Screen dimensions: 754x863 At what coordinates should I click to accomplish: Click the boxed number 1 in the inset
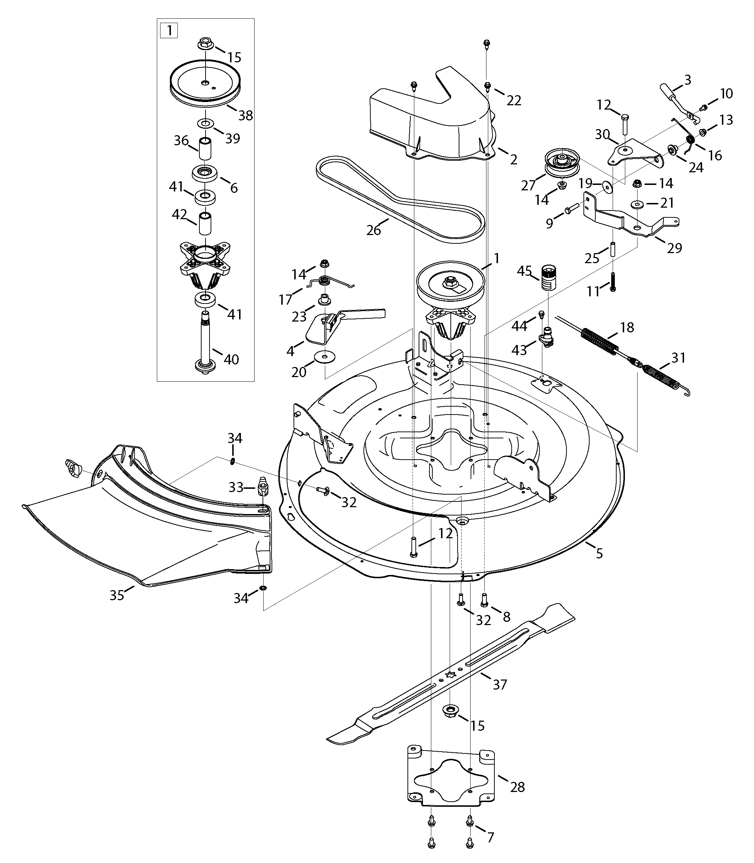pos(169,31)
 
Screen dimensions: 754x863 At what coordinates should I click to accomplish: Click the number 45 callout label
pos(524,271)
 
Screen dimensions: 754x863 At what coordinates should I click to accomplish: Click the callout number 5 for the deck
pos(599,553)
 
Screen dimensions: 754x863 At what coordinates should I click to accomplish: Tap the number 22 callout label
pos(514,100)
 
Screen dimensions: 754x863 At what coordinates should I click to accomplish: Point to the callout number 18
pos(627,327)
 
